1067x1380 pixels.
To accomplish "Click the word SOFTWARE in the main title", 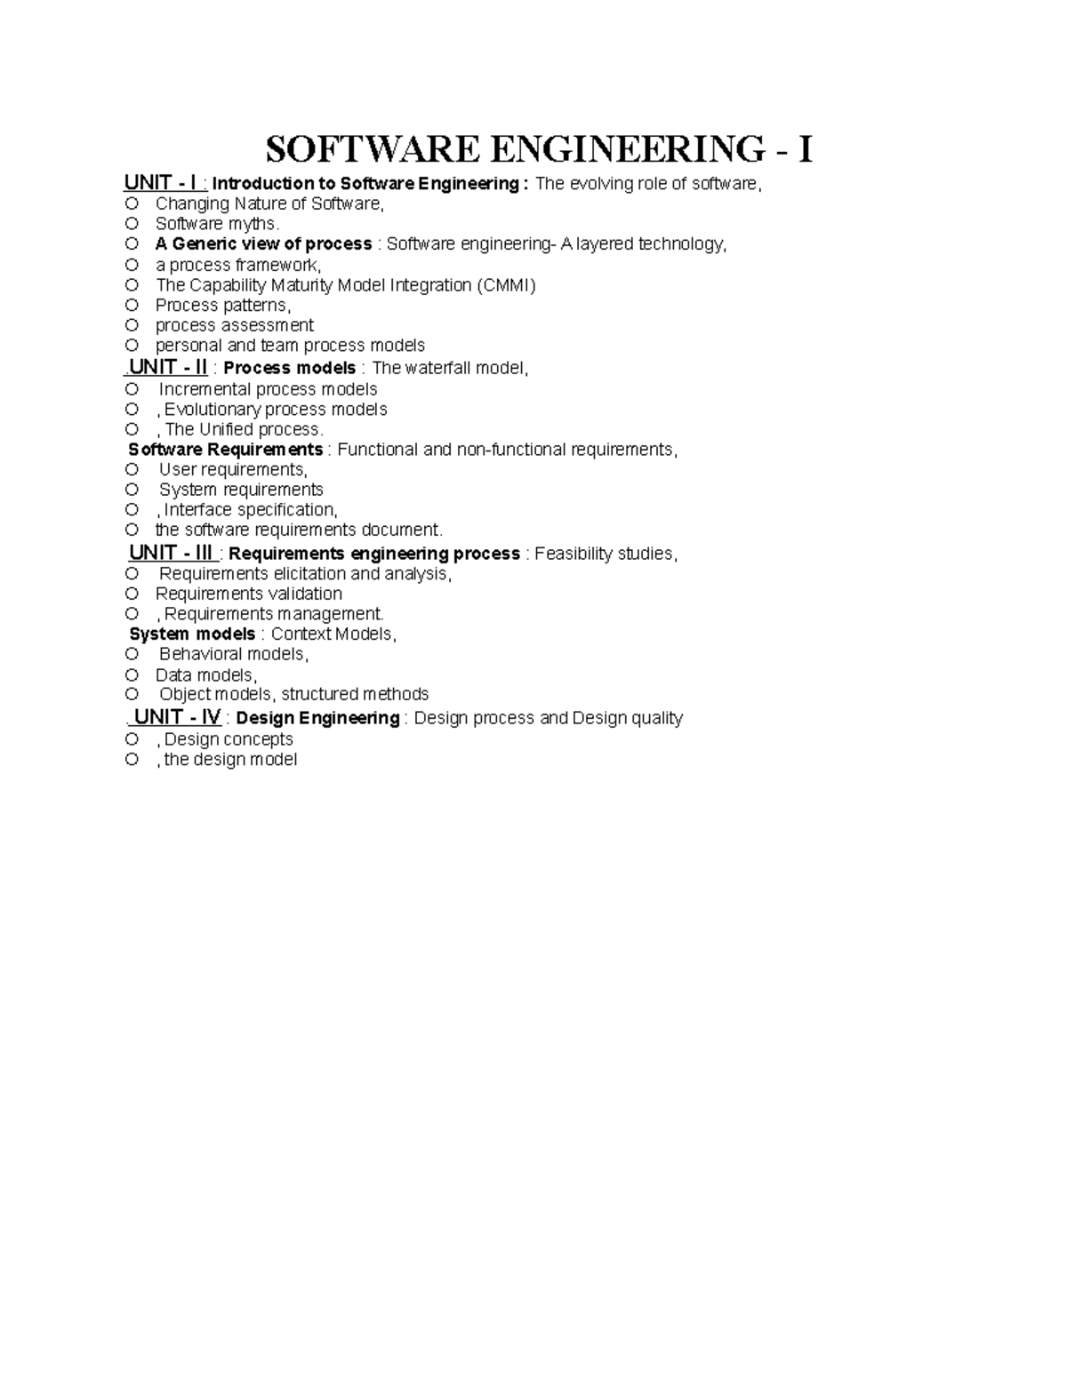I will [373, 148].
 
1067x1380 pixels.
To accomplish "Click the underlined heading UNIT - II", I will [168, 367].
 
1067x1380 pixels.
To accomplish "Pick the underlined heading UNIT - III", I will [171, 553].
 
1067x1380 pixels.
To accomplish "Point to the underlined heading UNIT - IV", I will [177, 717].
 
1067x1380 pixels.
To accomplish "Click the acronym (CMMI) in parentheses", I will [506, 285].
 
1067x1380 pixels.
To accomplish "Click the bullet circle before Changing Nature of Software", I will [132, 203].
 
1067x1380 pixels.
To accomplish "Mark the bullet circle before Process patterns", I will [132, 305].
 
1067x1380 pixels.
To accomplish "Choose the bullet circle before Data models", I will [132, 674].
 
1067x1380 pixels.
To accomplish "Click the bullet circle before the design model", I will [132, 759].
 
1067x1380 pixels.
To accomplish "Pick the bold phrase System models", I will [192, 634].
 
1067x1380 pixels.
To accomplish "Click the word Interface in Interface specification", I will [198, 510].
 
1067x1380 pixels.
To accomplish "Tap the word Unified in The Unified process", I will [226, 429].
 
